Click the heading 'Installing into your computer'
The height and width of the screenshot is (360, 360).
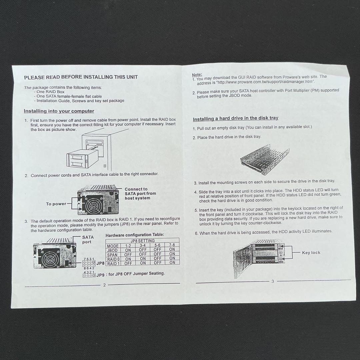click(59, 111)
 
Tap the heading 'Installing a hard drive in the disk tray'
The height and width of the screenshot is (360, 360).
click(235, 118)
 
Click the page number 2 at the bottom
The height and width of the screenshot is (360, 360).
click(104, 285)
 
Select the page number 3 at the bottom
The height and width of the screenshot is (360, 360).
click(273, 281)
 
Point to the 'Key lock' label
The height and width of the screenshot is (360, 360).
click(311, 253)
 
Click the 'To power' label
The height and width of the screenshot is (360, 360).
click(56, 204)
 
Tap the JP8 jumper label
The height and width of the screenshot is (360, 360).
click(100, 263)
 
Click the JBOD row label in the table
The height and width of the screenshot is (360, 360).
click(112, 250)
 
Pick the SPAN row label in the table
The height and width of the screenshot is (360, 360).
click(112, 255)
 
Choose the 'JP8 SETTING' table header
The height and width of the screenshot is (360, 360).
click(142, 241)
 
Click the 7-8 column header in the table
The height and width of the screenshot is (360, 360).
click(172, 245)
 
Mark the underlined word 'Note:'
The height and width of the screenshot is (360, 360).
click(197, 75)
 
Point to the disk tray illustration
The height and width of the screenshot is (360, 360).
click(265, 159)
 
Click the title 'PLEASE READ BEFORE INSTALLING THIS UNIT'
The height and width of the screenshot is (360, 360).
click(81, 77)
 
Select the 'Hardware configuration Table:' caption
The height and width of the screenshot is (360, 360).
click(135, 235)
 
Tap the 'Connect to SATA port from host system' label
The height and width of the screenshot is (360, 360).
click(140, 194)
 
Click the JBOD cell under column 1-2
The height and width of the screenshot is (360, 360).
click(128, 250)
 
